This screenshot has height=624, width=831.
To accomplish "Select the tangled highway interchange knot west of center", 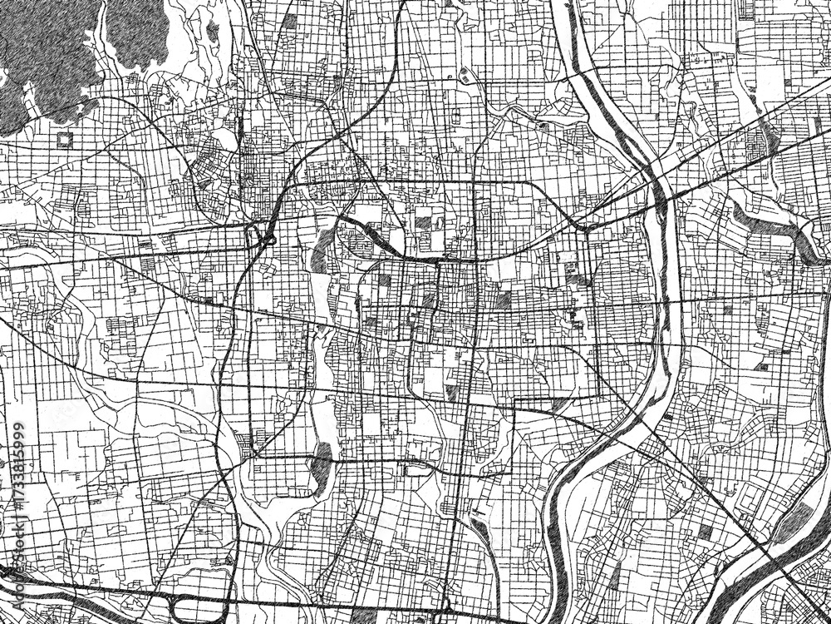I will click(x=264, y=234).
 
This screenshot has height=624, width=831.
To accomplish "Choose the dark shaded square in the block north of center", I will click(x=424, y=223).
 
